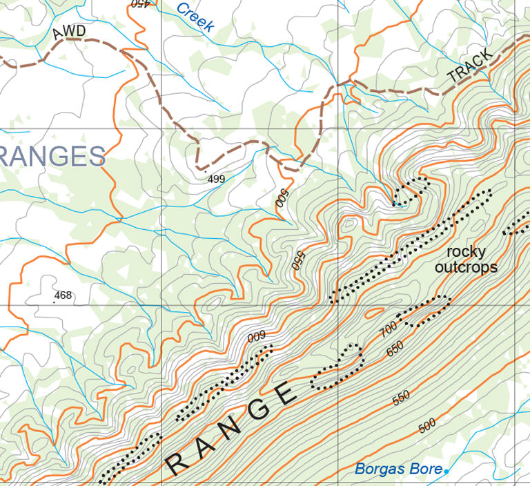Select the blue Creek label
tap(195, 17)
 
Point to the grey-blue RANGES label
tap(52, 157)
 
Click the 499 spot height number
tap(216, 179)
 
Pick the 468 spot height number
tap(63, 295)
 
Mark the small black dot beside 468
tap(54, 302)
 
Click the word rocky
tap(466, 251)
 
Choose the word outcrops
tap(466, 268)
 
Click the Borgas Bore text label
tap(398, 469)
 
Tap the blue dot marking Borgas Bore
tap(446, 471)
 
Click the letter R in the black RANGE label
tap(179, 463)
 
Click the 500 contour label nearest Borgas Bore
tap(428, 427)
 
